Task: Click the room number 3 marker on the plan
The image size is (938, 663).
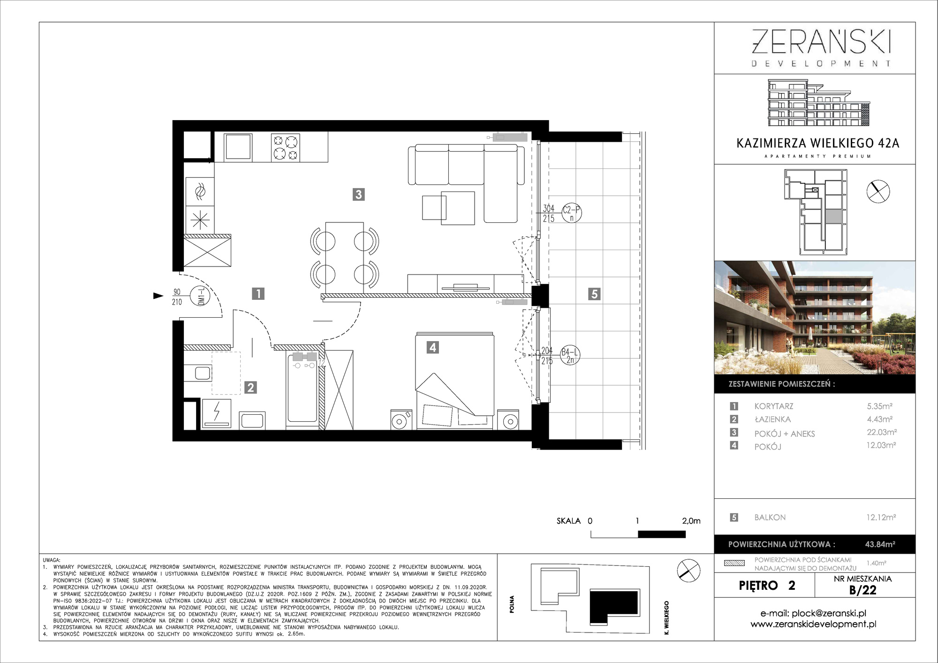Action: coord(359,194)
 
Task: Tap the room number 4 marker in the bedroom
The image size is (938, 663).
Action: coord(433,347)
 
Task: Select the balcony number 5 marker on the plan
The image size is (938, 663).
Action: coord(594,294)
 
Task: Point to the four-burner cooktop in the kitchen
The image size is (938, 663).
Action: coord(286,147)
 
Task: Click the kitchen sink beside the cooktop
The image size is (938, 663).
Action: coord(238,147)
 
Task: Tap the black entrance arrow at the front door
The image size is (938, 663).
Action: coord(159,296)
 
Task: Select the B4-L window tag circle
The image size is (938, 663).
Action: coord(570,356)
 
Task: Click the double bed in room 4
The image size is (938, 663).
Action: coord(454,381)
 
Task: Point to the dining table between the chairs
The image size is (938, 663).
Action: coord(345,257)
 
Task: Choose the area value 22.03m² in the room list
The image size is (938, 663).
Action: coord(882,432)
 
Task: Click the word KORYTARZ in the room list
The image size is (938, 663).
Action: coord(774,406)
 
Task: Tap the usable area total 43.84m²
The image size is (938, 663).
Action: coord(880,544)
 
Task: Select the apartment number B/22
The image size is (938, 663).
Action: coord(863,590)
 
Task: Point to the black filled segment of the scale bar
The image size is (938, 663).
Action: coord(662,534)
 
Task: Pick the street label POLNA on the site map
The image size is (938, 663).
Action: coord(512,604)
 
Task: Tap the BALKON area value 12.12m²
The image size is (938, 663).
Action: coord(881,517)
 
